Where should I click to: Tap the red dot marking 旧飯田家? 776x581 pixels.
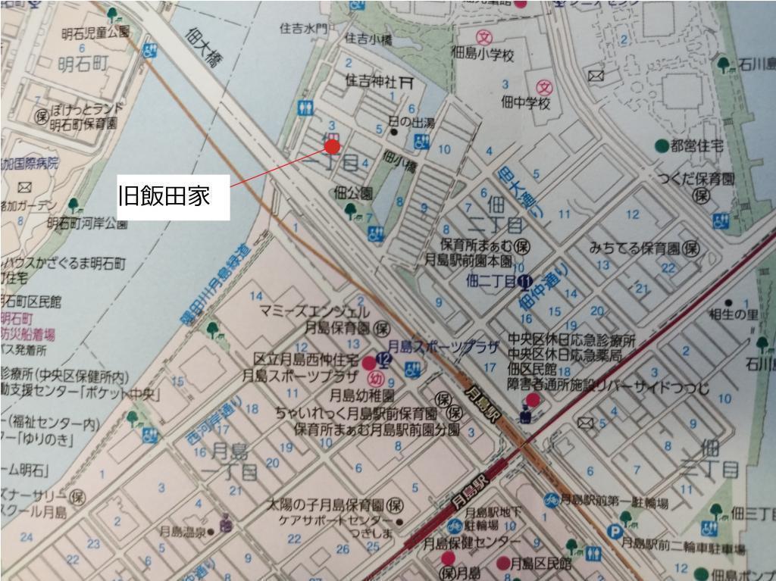[x=332, y=146]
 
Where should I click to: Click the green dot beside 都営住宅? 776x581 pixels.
[x=662, y=145]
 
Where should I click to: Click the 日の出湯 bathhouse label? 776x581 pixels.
[x=411, y=121]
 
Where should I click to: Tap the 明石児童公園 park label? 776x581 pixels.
[x=96, y=33]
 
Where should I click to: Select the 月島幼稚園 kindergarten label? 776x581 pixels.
[x=361, y=395]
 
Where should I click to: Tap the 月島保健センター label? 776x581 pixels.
[x=472, y=542]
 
